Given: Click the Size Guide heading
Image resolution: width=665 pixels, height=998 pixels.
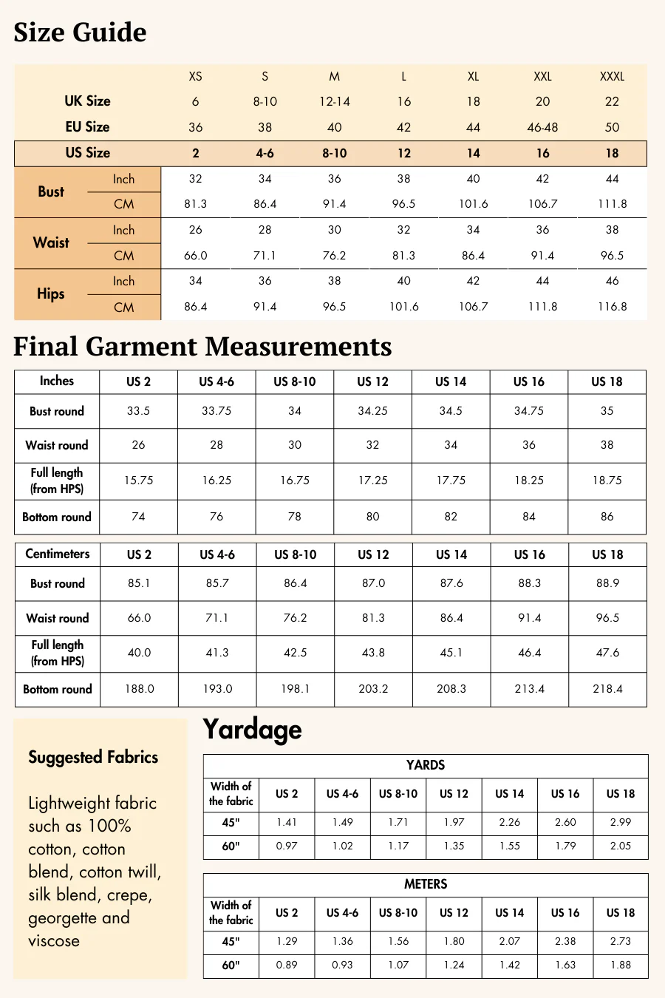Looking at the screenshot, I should (80, 33).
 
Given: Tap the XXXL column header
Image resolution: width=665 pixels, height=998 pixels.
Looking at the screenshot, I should (612, 76).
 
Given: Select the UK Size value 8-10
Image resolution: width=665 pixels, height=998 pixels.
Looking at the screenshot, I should (265, 101).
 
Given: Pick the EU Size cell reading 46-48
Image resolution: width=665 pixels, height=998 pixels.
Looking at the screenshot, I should (542, 127).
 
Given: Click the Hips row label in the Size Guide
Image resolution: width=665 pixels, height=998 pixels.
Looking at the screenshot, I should (51, 293).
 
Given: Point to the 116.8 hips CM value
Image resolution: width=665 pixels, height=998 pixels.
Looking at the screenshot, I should (612, 306).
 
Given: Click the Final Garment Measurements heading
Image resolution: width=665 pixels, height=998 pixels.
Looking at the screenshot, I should (202, 347).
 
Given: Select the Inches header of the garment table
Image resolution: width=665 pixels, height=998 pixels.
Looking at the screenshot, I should (57, 381).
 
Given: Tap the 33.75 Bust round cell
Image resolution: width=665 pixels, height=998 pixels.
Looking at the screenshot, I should (216, 411).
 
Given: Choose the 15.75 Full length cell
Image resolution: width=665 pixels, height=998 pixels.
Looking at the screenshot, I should (138, 481).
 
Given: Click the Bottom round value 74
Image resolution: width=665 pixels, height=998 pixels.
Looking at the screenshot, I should (138, 517).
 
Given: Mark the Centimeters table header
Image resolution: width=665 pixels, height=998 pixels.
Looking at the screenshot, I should (58, 554).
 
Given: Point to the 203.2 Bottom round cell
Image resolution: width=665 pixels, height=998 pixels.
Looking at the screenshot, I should (373, 689).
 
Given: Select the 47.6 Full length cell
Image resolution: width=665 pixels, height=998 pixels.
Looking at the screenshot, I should (607, 653).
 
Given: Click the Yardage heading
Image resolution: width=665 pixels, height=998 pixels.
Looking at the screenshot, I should (252, 730).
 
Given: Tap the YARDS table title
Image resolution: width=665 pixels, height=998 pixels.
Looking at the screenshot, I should (426, 765).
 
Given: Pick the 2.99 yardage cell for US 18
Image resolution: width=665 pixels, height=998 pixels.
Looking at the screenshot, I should (621, 822).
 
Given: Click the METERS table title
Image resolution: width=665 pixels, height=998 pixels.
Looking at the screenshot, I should (426, 884).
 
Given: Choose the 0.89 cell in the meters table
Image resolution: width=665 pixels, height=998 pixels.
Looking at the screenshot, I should (287, 965).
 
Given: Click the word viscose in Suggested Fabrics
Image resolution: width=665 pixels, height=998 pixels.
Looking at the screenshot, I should (54, 941).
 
